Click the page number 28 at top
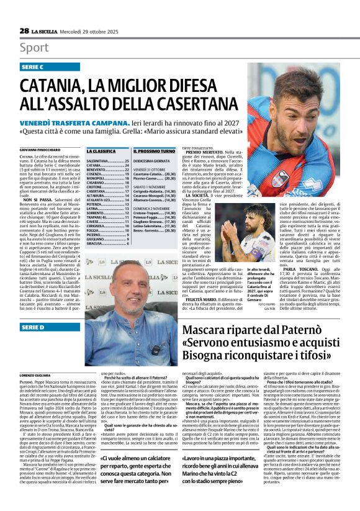24,30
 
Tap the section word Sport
34,47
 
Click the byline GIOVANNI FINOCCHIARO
40,150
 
